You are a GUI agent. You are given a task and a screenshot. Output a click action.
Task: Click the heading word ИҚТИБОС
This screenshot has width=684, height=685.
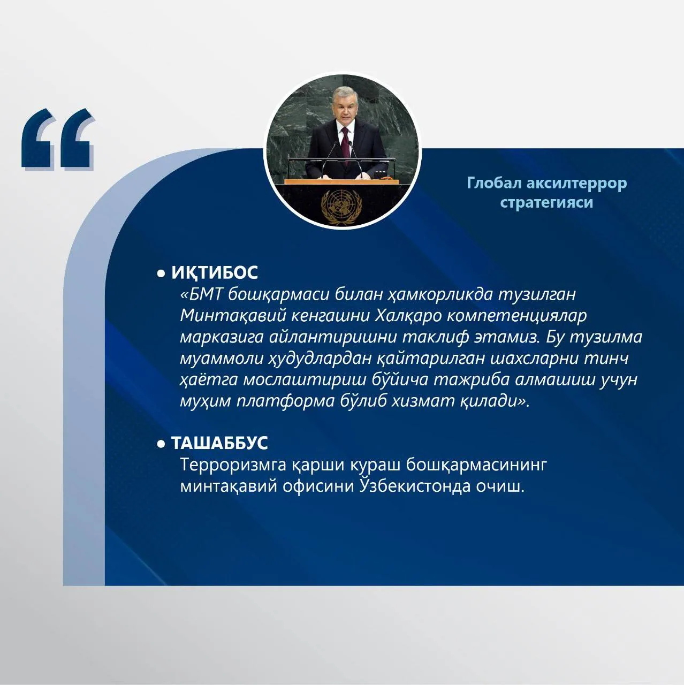[215, 272]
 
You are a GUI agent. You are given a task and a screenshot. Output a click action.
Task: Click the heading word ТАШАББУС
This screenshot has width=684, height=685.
[219, 443]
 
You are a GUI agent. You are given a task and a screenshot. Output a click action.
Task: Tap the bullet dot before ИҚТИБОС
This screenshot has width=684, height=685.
[161, 273]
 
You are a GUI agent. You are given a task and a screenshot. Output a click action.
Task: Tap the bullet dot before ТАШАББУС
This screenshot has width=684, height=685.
[161, 444]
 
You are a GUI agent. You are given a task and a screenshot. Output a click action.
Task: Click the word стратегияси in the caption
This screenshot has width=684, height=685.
[546, 202]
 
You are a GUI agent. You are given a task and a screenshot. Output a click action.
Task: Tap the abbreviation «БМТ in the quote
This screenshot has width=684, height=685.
[202, 295]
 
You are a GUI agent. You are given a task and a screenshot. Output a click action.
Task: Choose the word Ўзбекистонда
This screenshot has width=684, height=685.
[415, 486]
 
